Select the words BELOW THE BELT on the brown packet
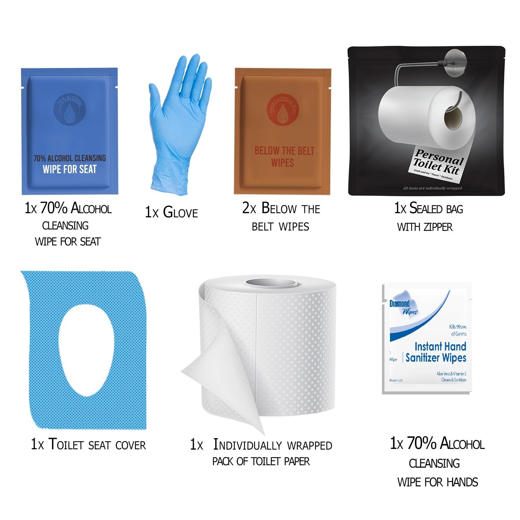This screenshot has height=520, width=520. coord(284,151)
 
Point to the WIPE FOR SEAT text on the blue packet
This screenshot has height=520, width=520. coord(70,170)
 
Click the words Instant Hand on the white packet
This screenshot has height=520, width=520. coord(440,347)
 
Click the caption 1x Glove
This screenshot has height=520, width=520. coord(171,212)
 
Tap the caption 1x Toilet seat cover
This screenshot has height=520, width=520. coord(88,444)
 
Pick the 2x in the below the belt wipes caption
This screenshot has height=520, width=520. coord(249,209)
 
